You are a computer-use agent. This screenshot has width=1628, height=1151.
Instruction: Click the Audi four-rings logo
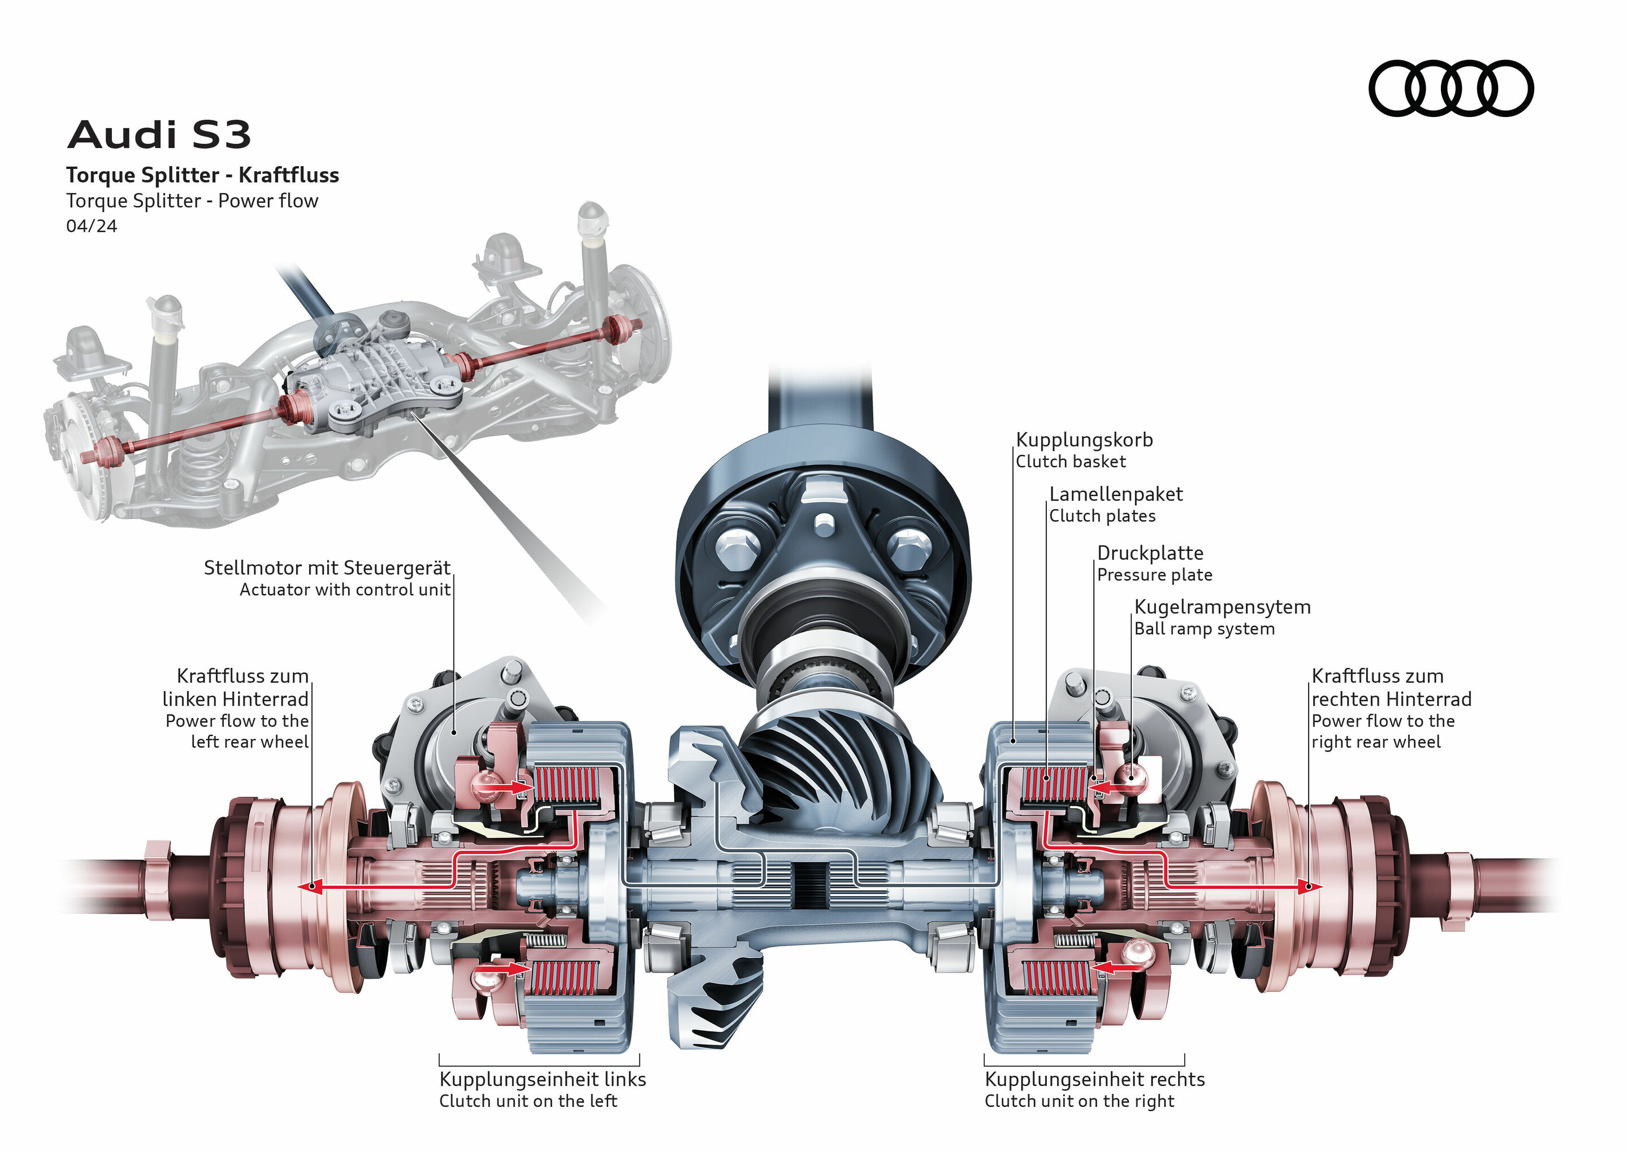point(1450,88)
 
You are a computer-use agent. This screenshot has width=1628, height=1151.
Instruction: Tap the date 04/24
point(92,226)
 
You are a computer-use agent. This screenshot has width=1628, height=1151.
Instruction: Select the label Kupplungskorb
point(1084,440)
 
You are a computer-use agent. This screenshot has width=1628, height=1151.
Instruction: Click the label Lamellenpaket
point(1115,494)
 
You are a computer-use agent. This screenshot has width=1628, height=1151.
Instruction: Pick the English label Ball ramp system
point(1204,629)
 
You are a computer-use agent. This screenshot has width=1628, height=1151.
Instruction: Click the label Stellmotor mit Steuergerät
point(327,568)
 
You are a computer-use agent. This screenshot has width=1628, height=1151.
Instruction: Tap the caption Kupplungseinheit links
point(543,1079)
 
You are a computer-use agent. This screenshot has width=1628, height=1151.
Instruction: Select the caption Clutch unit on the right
point(1079,1101)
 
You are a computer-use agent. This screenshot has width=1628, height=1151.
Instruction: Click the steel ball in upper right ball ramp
point(1132,776)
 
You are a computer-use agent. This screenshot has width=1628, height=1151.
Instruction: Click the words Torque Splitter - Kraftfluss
point(203,175)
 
